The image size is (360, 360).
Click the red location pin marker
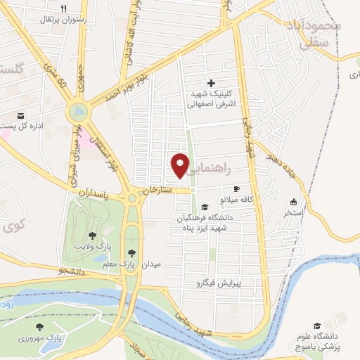pyautogui.click(x=181, y=165)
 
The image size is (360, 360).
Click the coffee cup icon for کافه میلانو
pyautogui.click(x=236, y=189)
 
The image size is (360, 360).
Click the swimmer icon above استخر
pyautogui.click(x=292, y=200)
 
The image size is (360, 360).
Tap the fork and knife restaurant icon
pyautogui.click(x=64, y=9)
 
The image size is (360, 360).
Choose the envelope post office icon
pyautogui.click(x=20, y=115)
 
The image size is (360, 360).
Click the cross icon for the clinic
pyautogui.click(x=210, y=83)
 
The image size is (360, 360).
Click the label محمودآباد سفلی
pyautogui.click(x=314, y=33)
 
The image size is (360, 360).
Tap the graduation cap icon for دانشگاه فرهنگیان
pyautogui.click(x=205, y=207)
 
